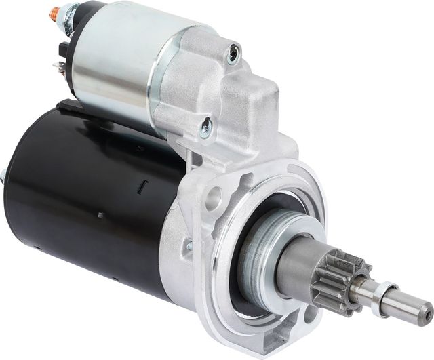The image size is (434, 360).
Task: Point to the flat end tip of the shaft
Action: coord(425,314)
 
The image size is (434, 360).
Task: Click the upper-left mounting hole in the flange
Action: coord(214,198)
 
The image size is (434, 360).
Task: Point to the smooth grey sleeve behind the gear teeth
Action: coord(298,260)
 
